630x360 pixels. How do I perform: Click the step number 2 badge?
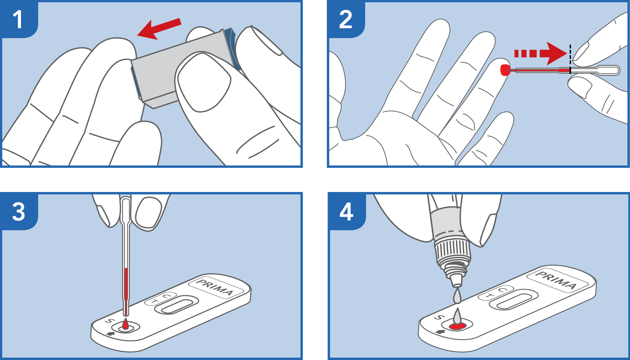[346, 20]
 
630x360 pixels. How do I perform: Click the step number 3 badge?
[19, 212]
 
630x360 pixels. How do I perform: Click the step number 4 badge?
[346, 212]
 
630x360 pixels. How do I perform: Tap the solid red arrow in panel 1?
[159, 29]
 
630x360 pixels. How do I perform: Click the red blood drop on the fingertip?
[505, 70]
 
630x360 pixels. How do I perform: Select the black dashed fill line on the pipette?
[570, 59]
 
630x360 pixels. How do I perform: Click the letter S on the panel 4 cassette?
[440, 317]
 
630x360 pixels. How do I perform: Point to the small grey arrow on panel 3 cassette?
[111, 334]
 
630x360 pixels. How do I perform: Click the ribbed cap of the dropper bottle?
[452, 250]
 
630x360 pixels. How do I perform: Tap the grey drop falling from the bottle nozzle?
[457, 296]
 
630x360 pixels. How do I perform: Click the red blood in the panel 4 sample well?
[457, 326]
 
